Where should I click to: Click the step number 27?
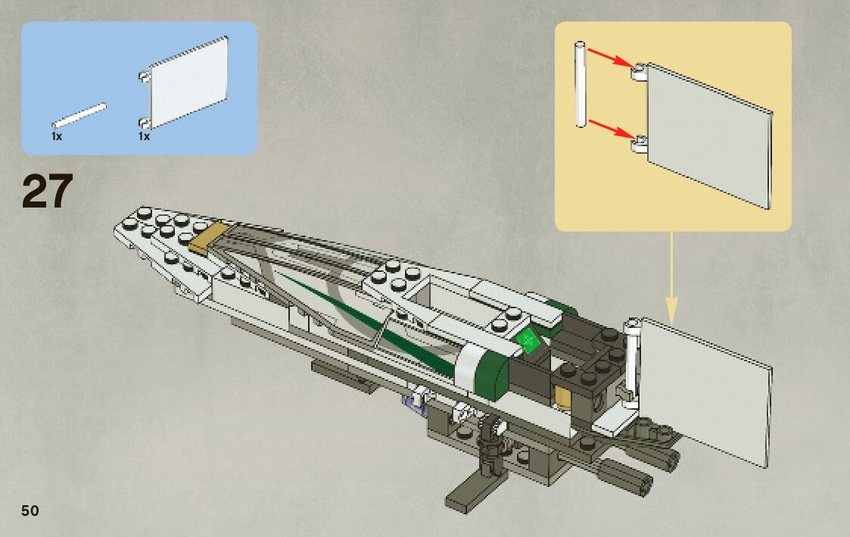48,192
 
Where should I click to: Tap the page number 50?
30,510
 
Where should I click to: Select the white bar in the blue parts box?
78,116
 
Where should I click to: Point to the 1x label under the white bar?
57,137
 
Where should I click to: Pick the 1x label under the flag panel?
144,137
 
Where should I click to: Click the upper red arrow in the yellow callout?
609,59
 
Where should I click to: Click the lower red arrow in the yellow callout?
609,128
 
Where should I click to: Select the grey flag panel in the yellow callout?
708,133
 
